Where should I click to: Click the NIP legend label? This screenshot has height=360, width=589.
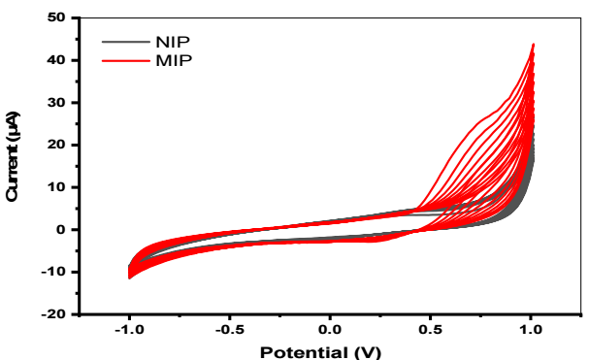click(173, 42)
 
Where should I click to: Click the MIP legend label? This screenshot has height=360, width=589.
click(174, 60)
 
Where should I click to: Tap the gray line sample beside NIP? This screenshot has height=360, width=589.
click(126, 42)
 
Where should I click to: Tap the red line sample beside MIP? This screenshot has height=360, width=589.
click(126, 60)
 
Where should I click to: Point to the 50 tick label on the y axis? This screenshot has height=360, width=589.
click(56, 17)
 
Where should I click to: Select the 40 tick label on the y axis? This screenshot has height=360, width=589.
click(56, 60)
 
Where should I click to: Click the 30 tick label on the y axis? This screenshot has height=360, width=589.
click(56, 103)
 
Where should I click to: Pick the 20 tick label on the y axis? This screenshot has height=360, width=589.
click(56, 145)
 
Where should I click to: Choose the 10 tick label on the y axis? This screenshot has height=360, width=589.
click(56, 187)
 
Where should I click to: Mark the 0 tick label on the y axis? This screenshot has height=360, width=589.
click(61, 230)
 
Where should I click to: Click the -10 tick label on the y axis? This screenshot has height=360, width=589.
click(53, 272)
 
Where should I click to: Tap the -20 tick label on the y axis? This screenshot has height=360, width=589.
click(53, 314)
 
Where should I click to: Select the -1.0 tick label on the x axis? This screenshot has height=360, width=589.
click(130, 330)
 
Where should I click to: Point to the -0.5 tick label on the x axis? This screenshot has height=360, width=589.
click(230, 330)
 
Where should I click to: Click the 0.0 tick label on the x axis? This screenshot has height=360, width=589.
click(330, 330)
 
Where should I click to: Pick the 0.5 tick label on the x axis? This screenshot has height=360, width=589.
click(430, 330)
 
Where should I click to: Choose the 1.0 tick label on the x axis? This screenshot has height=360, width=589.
click(531, 330)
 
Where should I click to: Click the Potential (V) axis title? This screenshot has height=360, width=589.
click(320, 352)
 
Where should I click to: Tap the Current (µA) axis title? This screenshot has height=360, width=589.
click(13, 156)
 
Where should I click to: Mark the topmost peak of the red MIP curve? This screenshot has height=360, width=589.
click(533, 45)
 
